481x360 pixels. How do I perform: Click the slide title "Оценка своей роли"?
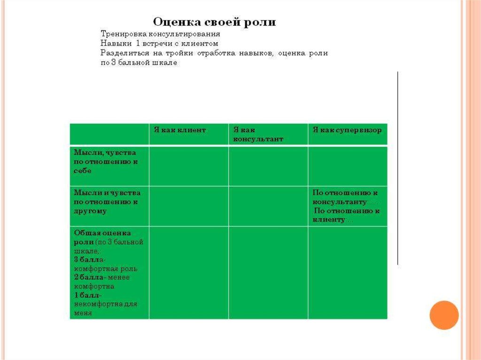[214, 22]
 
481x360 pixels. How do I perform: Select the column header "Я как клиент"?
[179, 130]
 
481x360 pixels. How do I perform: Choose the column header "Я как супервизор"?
[347, 130]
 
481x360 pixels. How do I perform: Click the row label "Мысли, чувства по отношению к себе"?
[105, 161]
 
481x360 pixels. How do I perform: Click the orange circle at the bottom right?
[443, 314]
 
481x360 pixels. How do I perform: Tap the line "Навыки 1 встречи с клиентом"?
[160, 43]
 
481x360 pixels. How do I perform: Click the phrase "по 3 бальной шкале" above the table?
[139, 62]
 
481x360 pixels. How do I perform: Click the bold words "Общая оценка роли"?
[101, 237]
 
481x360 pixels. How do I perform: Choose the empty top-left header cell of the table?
[109, 134]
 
